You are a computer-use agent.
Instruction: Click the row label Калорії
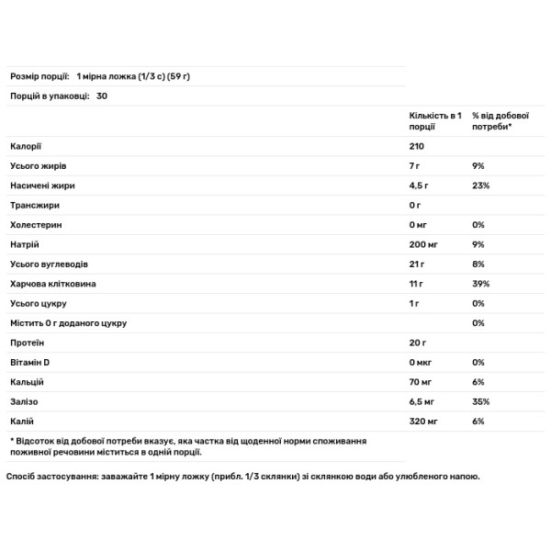pos(26,146)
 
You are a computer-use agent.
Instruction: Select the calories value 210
pos(418,146)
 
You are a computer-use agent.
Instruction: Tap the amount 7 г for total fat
pos(416,165)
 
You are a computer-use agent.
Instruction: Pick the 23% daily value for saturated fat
pos(481,185)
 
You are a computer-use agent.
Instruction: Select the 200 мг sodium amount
pos(424,244)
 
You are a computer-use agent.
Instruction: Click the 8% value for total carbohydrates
pos(478,264)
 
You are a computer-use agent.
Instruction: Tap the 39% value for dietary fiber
pos(481,284)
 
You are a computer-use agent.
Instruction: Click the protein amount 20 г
pos(418,343)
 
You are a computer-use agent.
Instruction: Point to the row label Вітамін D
pos(30,362)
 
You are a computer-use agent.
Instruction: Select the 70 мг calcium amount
pos(422,382)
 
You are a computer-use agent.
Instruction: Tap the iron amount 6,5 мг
pos(424,401)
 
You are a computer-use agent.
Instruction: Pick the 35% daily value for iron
pos(481,401)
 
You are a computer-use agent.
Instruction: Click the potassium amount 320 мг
pos(424,422)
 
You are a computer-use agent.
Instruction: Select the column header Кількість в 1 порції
pos(433,121)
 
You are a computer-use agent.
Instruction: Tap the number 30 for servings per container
pos(101,95)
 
